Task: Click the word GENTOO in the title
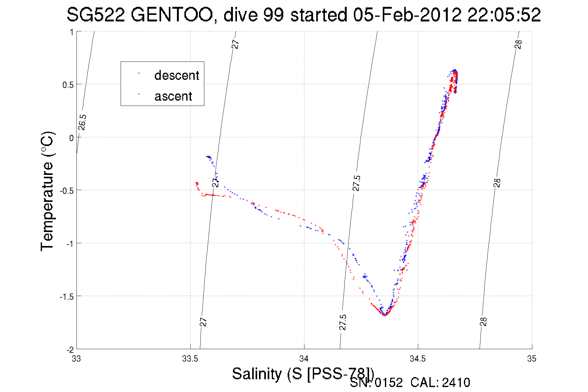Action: (x=171, y=15)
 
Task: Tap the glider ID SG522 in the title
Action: (x=96, y=15)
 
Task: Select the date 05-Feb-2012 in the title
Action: (x=407, y=15)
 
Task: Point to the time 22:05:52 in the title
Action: (x=504, y=15)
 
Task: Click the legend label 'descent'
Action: (x=177, y=75)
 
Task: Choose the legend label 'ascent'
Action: (x=173, y=96)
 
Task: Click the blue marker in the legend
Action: (x=139, y=74)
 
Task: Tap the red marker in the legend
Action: (x=139, y=93)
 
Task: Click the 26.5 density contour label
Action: (x=82, y=122)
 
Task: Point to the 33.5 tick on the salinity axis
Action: (x=190, y=359)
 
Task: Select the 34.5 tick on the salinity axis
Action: (x=418, y=359)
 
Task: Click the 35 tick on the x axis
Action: (x=532, y=359)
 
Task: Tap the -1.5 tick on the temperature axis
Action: (x=67, y=297)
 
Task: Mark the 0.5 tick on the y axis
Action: (x=68, y=85)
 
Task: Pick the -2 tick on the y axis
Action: (x=70, y=350)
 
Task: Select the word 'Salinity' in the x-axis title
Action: (x=257, y=374)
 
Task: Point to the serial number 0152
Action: (x=389, y=383)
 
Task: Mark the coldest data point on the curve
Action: (x=385, y=315)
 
